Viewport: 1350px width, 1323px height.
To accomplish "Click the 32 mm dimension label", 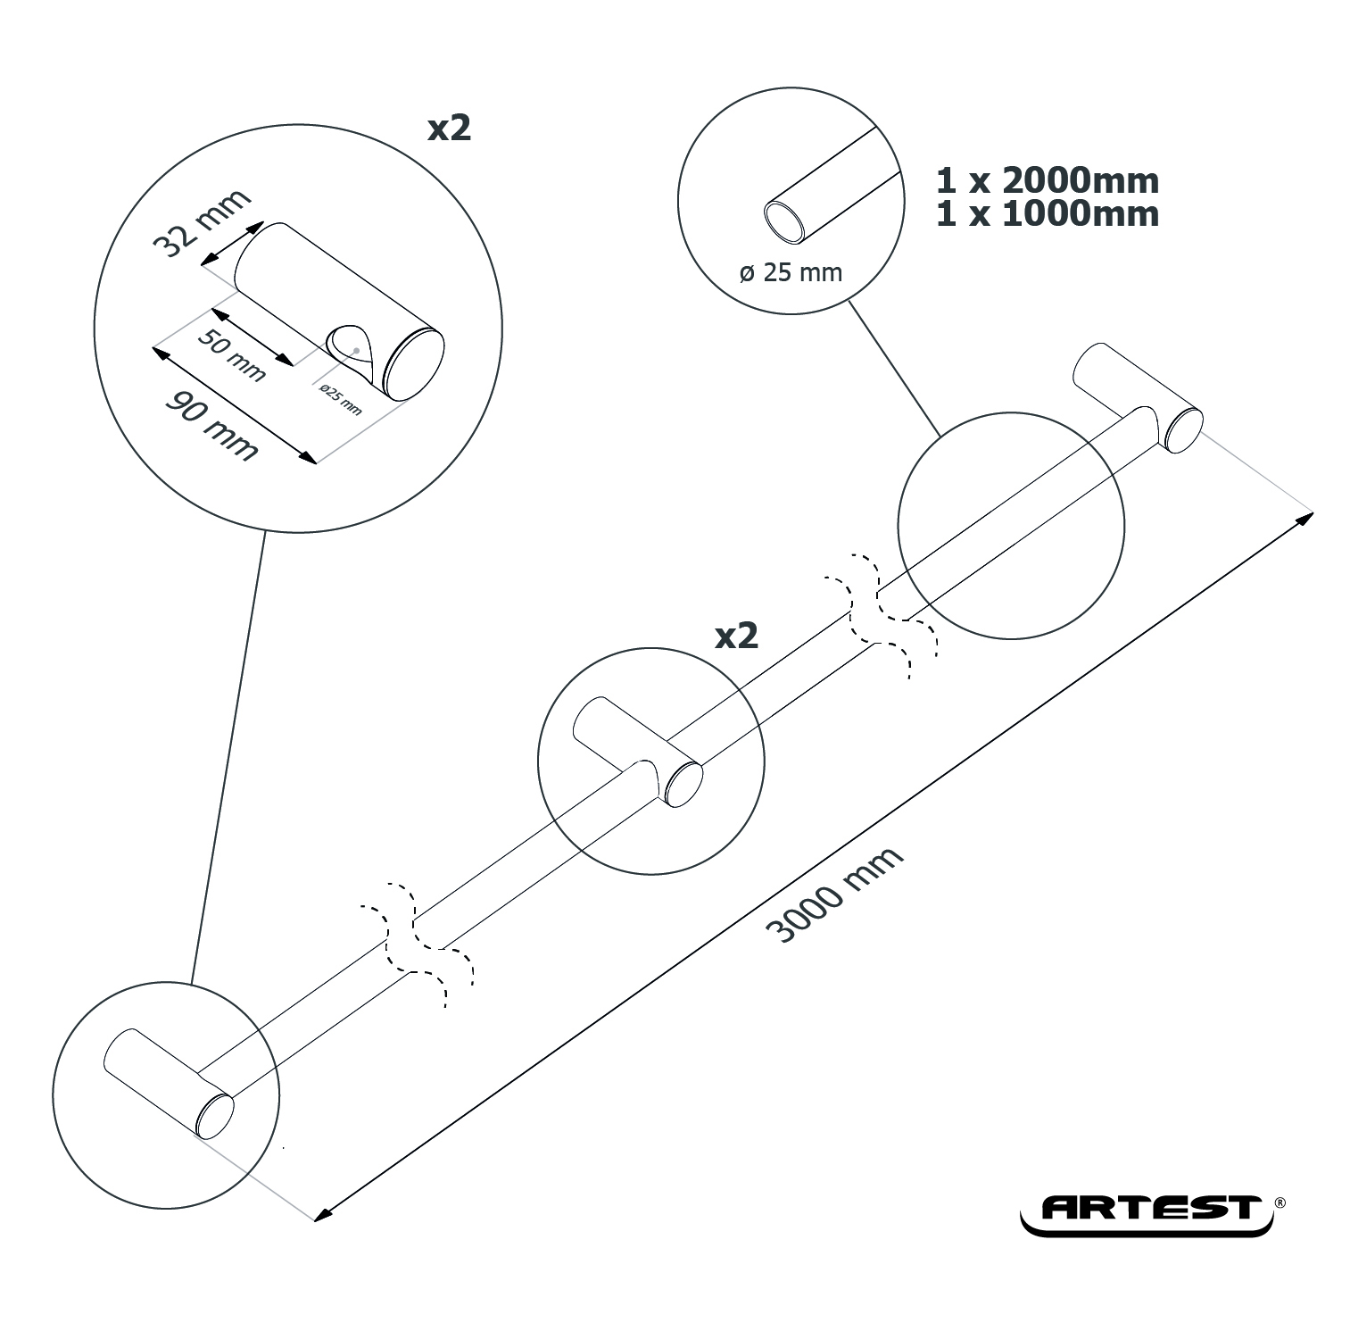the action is pos(203,223).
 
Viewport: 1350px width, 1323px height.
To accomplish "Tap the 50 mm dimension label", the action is pos(231,355).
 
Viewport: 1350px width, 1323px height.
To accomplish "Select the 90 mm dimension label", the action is pos(211,425).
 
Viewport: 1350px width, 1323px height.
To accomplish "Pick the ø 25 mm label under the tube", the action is pos(791,272).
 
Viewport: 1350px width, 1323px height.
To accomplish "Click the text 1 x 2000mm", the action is pos(1048,181).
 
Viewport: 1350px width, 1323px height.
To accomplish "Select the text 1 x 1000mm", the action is pos(1048,214).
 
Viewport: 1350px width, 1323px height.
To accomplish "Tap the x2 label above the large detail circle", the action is pos(449,129).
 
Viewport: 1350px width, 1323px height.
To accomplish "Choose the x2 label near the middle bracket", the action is pos(737,636).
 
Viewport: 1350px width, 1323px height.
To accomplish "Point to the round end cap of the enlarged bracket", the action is pos(413,365).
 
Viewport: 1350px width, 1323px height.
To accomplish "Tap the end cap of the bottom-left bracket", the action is pos(215,1117).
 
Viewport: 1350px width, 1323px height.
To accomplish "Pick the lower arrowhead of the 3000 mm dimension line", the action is pos(324,1211).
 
